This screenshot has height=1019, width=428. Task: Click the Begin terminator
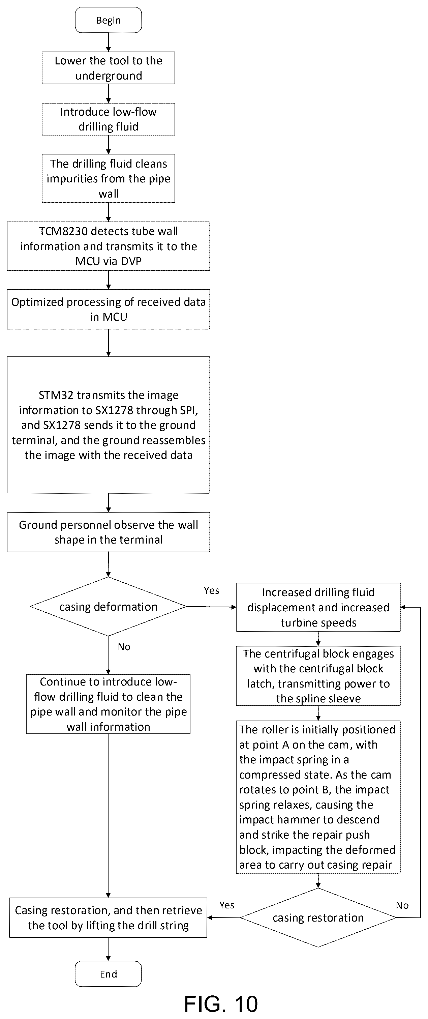[x=108, y=20]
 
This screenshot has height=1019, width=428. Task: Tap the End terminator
[x=108, y=973]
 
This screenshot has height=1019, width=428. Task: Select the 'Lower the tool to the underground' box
[x=108, y=68]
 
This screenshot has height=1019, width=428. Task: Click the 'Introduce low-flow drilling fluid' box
[x=108, y=119]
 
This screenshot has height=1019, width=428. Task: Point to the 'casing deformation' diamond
[x=108, y=606]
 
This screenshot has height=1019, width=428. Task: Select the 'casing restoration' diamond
[x=318, y=918]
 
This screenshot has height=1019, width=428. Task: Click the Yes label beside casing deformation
[x=211, y=590]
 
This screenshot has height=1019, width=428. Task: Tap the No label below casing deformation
[x=124, y=647]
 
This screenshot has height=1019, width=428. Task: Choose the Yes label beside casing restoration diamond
[x=227, y=905]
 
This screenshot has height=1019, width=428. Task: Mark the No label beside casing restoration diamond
[x=402, y=905]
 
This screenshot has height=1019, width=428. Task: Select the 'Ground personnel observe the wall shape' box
[x=108, y=532]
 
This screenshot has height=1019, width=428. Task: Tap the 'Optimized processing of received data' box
[x=108, y=309]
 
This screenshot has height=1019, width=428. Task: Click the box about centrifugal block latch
[x=318, y=676]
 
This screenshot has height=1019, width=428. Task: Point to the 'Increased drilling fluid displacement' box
[x=318, y=607]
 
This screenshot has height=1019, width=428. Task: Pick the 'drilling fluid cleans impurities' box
[x=108, y=178]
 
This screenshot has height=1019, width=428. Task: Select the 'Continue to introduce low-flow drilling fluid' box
[x=108, y=704]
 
